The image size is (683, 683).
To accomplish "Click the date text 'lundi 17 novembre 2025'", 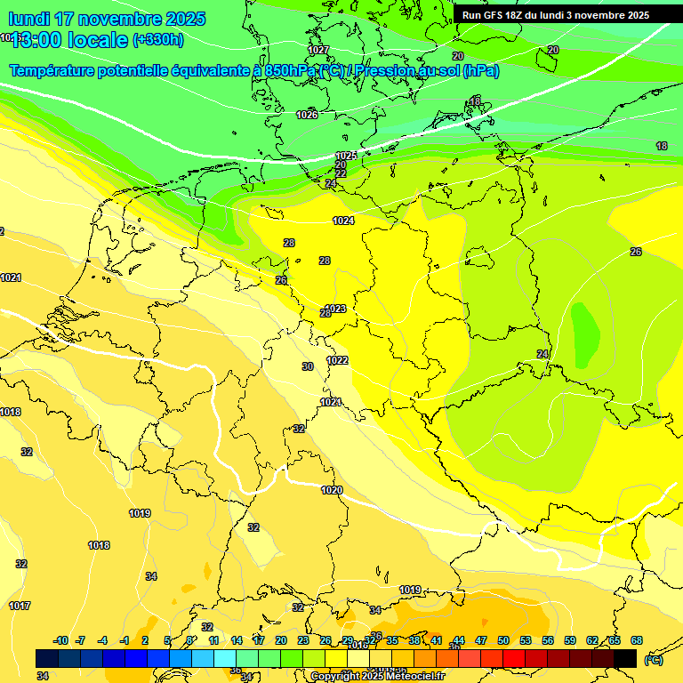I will tap(107, 19).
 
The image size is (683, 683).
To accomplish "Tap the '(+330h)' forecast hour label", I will tap(157, 40).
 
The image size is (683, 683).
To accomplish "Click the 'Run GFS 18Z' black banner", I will tap(556, 15).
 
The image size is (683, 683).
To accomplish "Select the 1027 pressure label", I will tap(318, 50).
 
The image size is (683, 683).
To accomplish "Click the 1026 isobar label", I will tap(307, 115).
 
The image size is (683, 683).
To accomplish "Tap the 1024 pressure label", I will tap(343, 221).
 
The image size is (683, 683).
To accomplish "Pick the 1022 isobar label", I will tap(337, 360).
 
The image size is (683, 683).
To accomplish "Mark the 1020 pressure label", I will tap(332, 490).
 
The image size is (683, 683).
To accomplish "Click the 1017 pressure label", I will tap(20, 606).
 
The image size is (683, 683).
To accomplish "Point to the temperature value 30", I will tap(308, 366).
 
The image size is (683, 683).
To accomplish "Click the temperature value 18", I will tap(662, 146).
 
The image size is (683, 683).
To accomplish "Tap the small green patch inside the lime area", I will tap(585, 334).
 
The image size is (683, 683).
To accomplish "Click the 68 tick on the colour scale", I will tap(637, 640).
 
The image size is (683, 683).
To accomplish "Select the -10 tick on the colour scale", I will tap(61, 640).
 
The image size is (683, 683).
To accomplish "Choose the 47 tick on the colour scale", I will tap(481, 640).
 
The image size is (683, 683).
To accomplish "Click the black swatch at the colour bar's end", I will tap(625, 658).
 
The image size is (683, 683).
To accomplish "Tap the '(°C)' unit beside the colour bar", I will tap(653, 659).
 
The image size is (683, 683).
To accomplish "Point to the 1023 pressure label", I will tap(336, 309).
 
